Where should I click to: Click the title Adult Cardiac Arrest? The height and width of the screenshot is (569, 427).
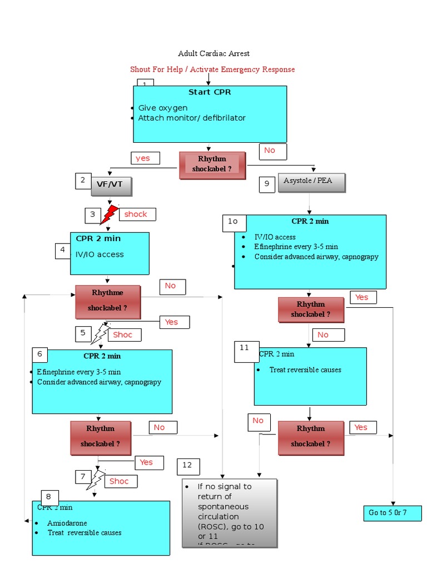(x=213, y=53)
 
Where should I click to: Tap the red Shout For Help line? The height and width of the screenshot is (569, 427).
(x=212, y=69)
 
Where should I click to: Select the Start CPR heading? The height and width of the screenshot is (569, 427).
(x=210, y=92)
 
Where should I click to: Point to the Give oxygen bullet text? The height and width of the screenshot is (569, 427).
(x=163, y=108)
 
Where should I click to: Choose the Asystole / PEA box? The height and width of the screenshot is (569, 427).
(x=311, y=182)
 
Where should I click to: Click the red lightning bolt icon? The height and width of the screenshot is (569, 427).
(x=110, y=214)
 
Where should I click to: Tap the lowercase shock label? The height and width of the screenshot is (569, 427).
(x=136, y=214)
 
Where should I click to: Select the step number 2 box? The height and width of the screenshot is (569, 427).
(x=83, y=181)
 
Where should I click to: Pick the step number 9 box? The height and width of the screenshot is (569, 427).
(x=267, y=184)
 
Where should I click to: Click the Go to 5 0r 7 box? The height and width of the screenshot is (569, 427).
(x=391, y=512)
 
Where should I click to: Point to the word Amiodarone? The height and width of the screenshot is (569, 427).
(x=67, y=523)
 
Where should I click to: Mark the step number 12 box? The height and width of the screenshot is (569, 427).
(x=188, y=466)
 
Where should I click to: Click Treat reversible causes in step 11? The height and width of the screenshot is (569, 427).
(x=305, y=370)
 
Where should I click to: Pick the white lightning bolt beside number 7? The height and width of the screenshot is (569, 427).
(x=96, y=480)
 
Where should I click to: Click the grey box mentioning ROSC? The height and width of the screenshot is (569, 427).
(x=229, y=513)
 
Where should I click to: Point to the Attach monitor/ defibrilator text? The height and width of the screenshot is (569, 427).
(x=191, y=118)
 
